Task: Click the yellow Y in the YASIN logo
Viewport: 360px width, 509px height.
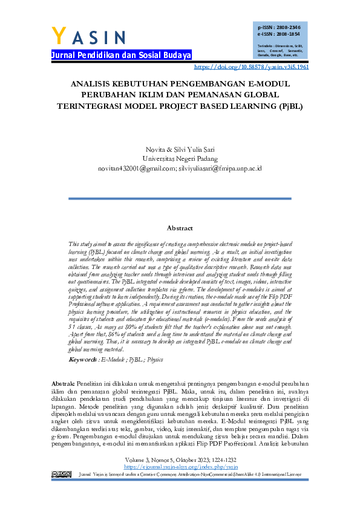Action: [x=59, y=36]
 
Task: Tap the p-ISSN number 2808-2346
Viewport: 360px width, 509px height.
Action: [x=289, y=28]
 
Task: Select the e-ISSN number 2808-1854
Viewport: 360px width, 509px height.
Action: [x=289, y=34]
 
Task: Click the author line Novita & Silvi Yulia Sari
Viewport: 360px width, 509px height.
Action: [x=180, y=149]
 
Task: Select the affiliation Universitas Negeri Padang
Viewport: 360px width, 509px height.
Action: [x=180, y=158]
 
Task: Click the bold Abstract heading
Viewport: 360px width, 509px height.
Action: [x=180, y=229]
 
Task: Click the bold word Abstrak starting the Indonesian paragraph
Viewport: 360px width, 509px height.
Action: [x=62, y=384]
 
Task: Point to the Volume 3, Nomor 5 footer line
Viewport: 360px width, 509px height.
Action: [x=180, y=460]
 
